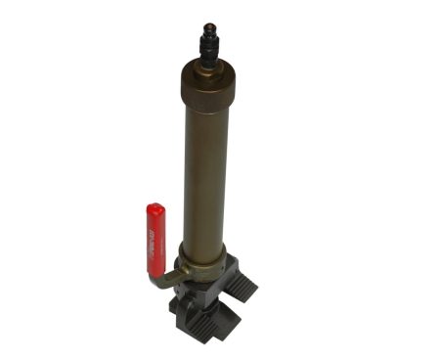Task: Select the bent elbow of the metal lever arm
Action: click(157, 284)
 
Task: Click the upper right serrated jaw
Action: click(244, 284)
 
